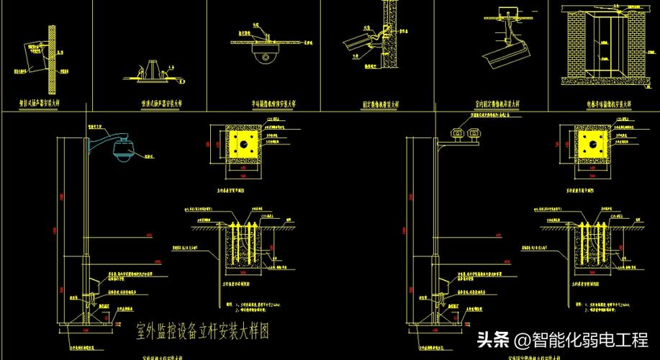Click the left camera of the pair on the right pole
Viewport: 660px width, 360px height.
tap(456, 132)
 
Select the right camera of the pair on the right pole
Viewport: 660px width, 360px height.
tap(474, 132)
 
